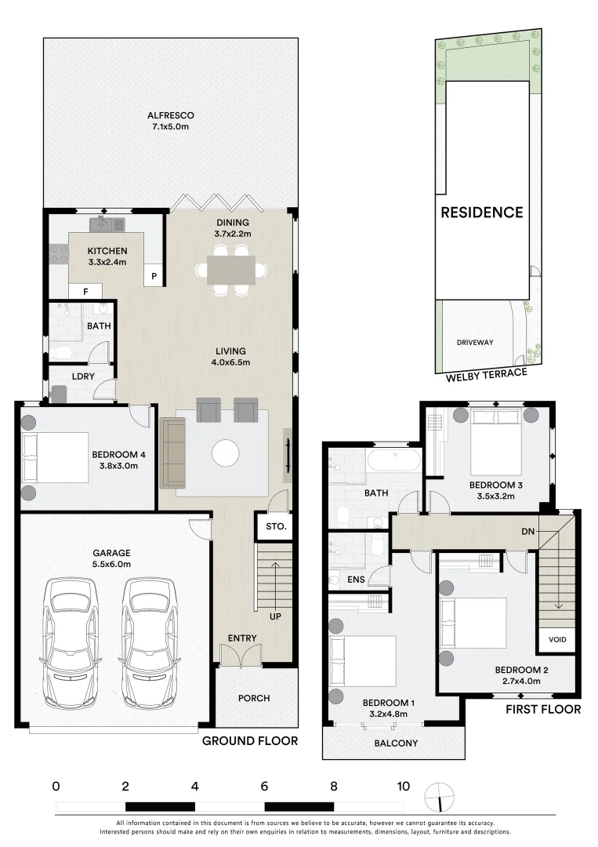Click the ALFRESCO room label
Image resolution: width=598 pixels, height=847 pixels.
tap(171, 115)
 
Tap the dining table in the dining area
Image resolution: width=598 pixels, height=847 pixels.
tap(231, 270)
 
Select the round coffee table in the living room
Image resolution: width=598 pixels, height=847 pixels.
tap(226, 453)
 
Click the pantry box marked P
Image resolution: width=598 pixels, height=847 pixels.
tap(154, 275)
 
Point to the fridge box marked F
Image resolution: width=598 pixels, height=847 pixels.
tap(85, 292)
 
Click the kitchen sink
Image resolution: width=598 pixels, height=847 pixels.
tap(107, 224)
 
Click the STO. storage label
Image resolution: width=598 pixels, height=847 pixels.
tap(276, 526)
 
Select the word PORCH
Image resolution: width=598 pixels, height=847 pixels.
tap(254, 698)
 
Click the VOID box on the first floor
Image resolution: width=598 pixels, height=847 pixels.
tap(557, 640)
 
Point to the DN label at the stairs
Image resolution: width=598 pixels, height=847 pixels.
tap(527, 531)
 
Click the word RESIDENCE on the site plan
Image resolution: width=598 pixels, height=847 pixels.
tap(482, 213)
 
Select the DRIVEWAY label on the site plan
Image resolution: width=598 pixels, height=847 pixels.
tap(475, 342)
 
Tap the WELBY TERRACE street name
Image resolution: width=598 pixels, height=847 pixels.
tap(486, 374)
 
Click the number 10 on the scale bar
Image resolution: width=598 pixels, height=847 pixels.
tap(403, 786)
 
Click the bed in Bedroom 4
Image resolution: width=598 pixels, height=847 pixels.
tap(55, 457)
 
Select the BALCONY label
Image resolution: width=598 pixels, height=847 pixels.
tap(396, 743)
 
